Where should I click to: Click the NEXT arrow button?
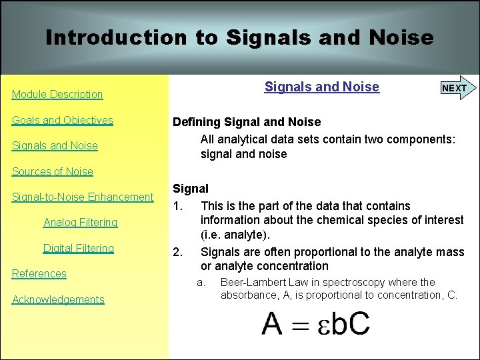(456, 88)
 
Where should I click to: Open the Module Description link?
(57, 95)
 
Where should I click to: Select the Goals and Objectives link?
(63, 121)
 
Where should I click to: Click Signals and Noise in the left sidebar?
(55, 146)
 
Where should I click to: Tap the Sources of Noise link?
(53, 171)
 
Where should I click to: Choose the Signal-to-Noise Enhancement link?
(83, 197)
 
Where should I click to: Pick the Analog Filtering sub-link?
(80, 222)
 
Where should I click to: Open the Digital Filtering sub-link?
(79, 248)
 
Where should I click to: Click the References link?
(39, 273)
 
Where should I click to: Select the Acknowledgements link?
(58, 299)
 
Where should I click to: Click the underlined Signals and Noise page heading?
(321, 87)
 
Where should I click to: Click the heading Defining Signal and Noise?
(247, 122)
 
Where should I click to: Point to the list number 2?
(177, 252)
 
